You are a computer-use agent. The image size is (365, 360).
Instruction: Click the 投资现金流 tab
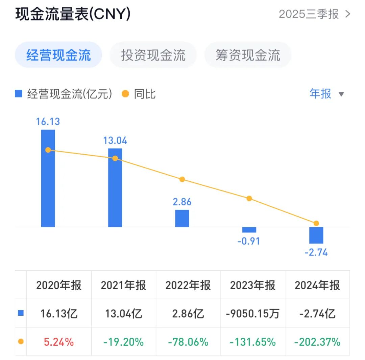[153, 55]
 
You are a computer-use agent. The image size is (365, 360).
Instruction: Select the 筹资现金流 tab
[248, 55]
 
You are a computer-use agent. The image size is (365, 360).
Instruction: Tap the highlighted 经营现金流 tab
[58, 55]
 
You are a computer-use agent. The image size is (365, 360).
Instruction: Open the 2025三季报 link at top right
[314, 14]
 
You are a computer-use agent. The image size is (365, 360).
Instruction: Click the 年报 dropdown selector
[326, 94]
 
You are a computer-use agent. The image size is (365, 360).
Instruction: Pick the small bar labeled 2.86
[182, 218]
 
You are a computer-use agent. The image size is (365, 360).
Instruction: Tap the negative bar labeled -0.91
[249, 230]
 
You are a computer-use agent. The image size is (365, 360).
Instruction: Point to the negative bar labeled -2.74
[316, 235]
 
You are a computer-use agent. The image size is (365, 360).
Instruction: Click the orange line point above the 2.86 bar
[182, 179]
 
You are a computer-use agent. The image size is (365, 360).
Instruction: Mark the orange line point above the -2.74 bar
[316, 223]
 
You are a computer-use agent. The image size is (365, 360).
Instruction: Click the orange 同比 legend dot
[125, 94]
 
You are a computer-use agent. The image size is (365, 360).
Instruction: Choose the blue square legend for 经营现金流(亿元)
[19, 94]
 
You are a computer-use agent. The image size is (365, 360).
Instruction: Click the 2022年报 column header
[188, 285]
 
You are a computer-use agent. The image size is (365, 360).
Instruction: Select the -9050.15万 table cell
[252, 314]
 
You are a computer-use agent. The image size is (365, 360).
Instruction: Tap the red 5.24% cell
[59, 342]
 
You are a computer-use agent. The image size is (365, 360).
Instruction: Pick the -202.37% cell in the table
[317, 342]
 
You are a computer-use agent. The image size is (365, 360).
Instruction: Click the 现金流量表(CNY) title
[73, 14]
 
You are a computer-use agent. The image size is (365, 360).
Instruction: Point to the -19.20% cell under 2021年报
[123, 342]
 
